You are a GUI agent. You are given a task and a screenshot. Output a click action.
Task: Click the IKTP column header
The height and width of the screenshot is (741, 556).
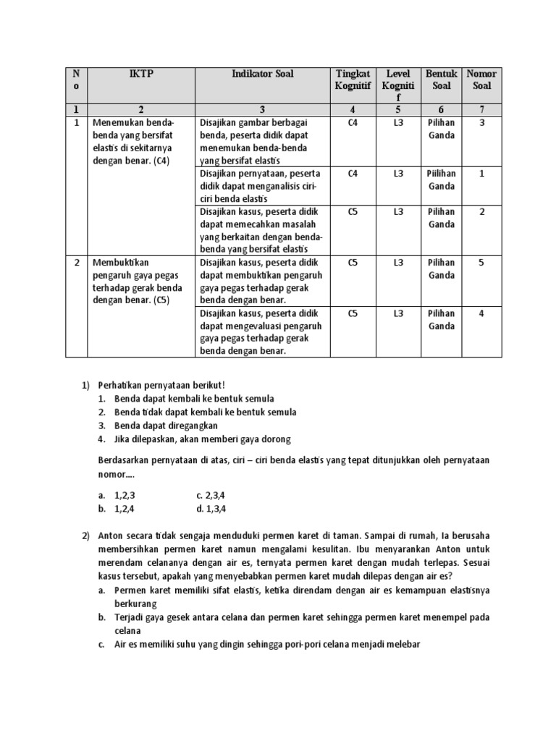point(141,74)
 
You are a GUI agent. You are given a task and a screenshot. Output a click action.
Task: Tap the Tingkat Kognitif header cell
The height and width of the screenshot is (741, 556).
point(353,80)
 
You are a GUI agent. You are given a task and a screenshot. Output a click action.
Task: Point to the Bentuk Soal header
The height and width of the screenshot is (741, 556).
point(441,80)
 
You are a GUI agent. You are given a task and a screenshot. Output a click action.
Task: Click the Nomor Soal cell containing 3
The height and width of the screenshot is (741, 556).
point(481,123)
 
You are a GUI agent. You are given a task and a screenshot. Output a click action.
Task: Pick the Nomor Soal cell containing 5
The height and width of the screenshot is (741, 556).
point(481,263)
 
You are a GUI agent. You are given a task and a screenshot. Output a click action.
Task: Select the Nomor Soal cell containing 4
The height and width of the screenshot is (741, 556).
point(481,313)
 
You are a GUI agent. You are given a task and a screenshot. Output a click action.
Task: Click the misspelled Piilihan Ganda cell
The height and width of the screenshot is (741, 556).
point(441,179)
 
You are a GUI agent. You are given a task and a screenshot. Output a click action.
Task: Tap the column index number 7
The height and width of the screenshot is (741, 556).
point(481,109)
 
